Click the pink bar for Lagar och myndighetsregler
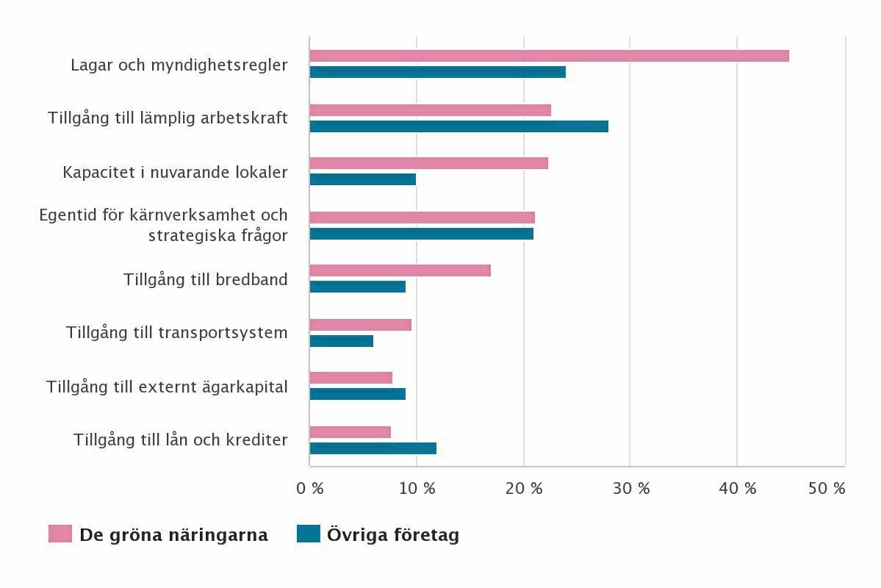[x=549, y=56]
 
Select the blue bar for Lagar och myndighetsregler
[x=437, y=72]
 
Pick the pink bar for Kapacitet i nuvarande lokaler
[x=428, y=163]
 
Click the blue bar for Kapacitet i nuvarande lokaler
[x=362, y=179]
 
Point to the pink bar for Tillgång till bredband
[x=400, y=270]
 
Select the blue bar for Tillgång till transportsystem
[x=341, y=341]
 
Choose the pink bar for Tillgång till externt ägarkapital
[x=350, y=378]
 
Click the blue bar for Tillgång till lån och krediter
[x=373, y=448]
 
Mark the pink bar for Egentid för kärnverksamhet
[x=422, y=218]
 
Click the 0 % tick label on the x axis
[x=309, y=489]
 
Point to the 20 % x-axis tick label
[x=524, y=489]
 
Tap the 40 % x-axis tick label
[x=738, y=489]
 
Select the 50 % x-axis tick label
[x=827, y=489]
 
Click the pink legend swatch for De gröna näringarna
[x=60, y=534]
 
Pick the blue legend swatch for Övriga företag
[x=309, y=534]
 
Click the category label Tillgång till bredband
[x=205, y=280]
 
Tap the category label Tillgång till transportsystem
[x=176, y=333]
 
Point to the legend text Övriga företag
[x=393, y=535]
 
